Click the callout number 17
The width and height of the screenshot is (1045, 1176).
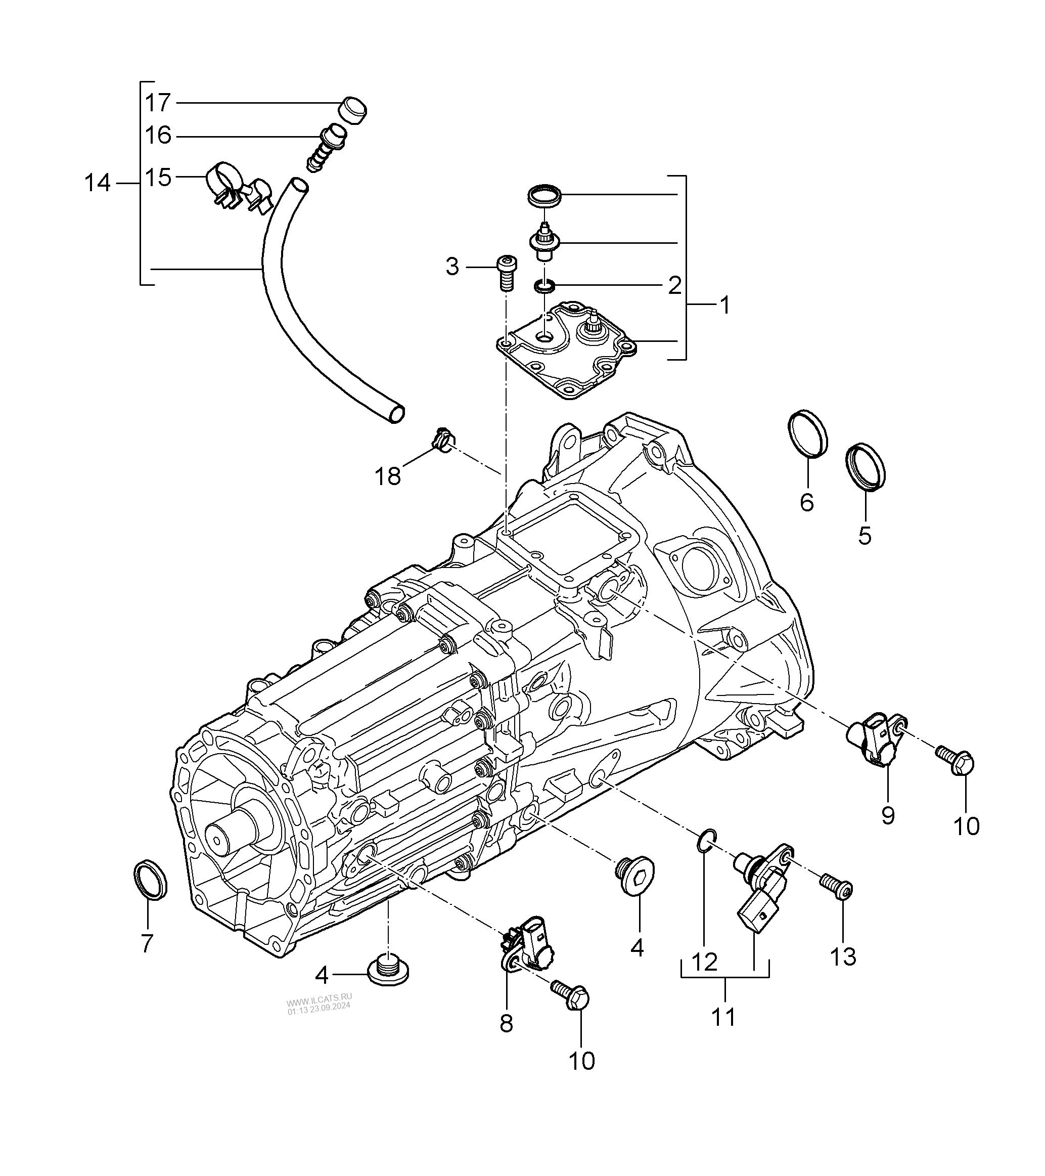coord(158,103)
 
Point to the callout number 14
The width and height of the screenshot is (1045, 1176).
coord(97,183)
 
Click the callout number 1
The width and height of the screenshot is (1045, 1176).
coord(725,305)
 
